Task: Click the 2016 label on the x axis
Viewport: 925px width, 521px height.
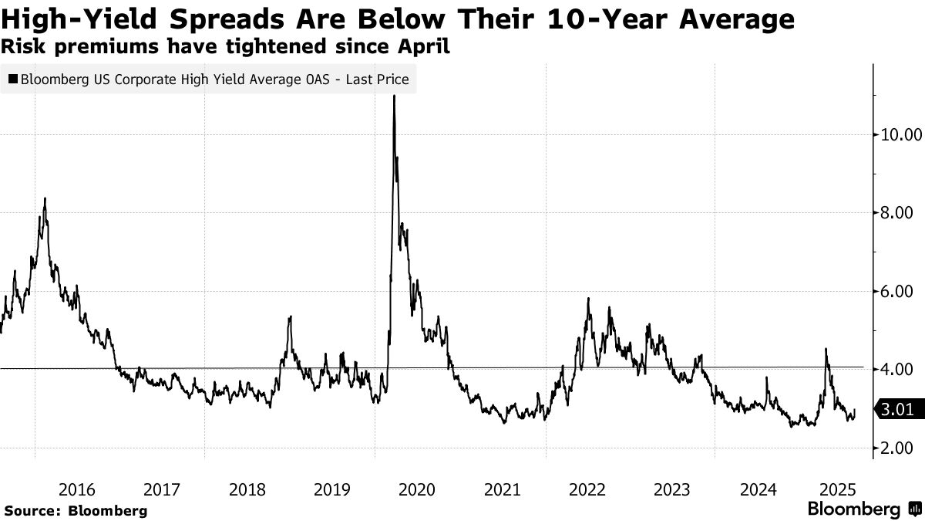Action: [x=77, y=489]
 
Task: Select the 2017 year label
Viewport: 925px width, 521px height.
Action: [x=162, y=489]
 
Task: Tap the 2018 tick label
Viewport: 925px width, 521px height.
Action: [x=247, y=489]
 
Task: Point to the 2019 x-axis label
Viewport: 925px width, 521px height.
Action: [x=332, y=489]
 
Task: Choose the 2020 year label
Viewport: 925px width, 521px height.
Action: [x=417, y=489]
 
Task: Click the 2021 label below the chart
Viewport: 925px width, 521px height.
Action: [x=503, y=489]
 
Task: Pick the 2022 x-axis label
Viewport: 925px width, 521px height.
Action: [x=587, y=489]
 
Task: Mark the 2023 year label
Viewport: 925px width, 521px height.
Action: [x=672, y=489]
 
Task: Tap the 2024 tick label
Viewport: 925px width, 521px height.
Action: [x=758, y=489]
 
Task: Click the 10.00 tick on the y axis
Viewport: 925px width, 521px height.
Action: [x=900, y=134]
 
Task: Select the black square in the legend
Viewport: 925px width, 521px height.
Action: [x=12, y=79]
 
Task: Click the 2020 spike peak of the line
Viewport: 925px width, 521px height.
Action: [x=394, y=96]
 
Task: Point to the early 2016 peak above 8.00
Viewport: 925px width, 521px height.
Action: [x=45, y=199]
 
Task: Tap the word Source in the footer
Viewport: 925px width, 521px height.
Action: [x=32, y=510]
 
